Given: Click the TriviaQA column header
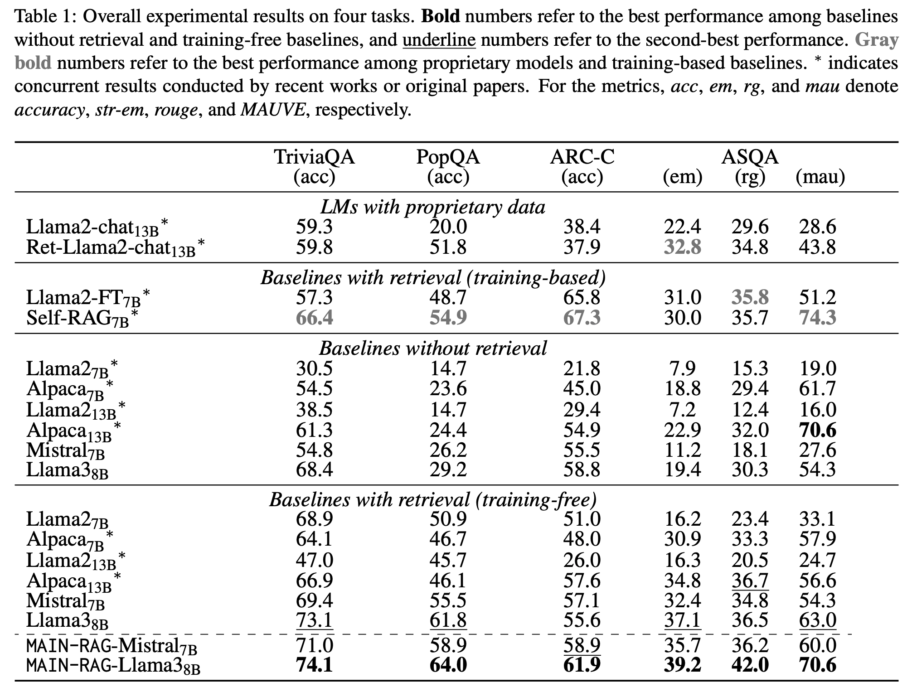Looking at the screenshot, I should point(314,157).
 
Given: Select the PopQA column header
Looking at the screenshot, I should point(448,157).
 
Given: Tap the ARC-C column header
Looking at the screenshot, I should point(582,157).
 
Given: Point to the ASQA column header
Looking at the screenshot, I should point(750,157).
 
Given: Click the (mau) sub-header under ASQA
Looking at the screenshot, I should point(820,177).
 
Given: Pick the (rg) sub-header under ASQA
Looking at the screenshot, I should point(750,177).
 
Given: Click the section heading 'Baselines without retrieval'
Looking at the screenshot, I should point(433,348).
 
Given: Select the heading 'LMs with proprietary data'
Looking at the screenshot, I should point(433,207).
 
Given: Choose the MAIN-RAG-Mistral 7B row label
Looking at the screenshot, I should point(112,645).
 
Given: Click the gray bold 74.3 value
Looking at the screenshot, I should point(817,318).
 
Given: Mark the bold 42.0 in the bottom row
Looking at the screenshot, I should point(750,665).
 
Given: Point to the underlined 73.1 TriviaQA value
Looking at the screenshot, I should point(314,620).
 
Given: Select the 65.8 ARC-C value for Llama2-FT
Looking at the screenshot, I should point(582,297).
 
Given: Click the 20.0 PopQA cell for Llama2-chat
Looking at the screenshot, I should point(448,227).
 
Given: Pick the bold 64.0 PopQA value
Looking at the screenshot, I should point(448,665).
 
